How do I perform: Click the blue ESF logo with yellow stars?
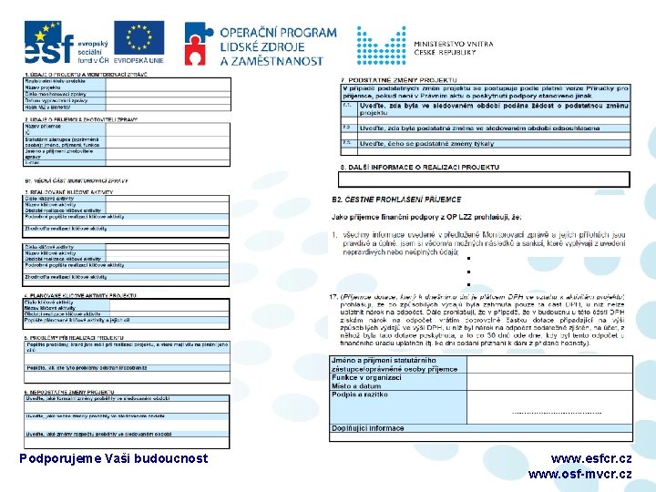click(x=43, y=41)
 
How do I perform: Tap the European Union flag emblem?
click(x=138, y=37)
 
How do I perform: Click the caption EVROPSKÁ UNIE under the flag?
click(x=138, y=60)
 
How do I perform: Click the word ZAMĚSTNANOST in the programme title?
click(x=272, y=60)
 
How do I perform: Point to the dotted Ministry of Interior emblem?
click(x=381, y=45)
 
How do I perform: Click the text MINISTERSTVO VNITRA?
click(x=453, y=43)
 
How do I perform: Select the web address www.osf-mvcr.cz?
click(x=579, y=474)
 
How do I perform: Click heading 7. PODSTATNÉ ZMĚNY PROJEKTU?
click(x=399, y=78)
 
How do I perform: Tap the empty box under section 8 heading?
click(x=484, y=179)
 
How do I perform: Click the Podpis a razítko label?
click(x=360, y=395)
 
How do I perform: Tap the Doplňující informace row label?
click(x=368, y=427)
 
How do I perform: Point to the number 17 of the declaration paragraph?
click(x=333, y=297)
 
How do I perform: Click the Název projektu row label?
click(x=44, y=87)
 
